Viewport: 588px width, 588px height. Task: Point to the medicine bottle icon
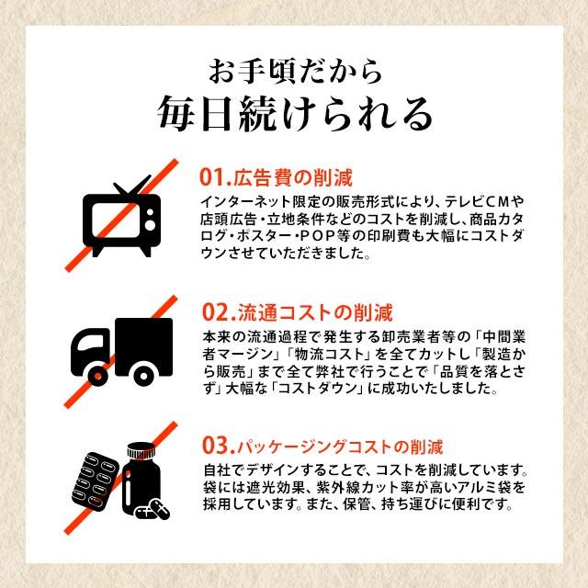tap(144, 478)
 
